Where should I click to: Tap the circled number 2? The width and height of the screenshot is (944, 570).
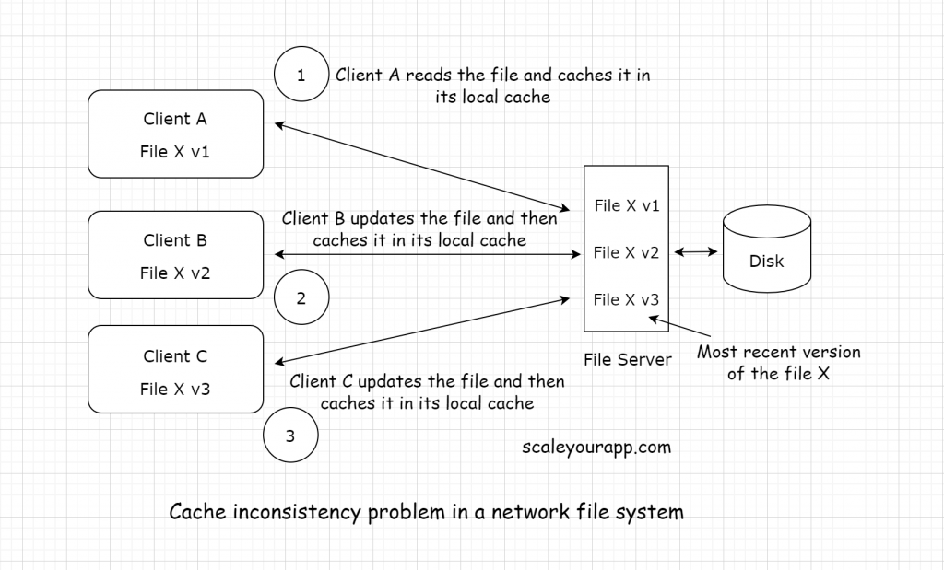(x=301, y=298)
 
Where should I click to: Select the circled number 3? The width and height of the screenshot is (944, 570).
(x=290, y=436)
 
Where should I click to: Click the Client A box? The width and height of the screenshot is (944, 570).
(x=175, y=134)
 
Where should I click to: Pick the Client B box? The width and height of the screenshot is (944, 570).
(x=175, y=255)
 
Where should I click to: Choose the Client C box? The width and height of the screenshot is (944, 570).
(x=175, y=371)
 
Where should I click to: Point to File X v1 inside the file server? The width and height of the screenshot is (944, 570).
(x=627, y=206)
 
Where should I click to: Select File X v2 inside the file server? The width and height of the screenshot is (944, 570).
(x=627, y=252)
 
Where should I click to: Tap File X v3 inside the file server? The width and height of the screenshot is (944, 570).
(x=627, y=299)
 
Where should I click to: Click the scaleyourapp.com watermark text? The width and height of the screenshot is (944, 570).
(x=596, y=448)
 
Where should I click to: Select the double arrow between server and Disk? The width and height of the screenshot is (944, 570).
(x=696, y=251)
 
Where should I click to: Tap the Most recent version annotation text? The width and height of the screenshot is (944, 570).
(x=778, y=363)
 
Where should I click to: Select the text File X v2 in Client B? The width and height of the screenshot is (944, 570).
(x=175, y=273)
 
